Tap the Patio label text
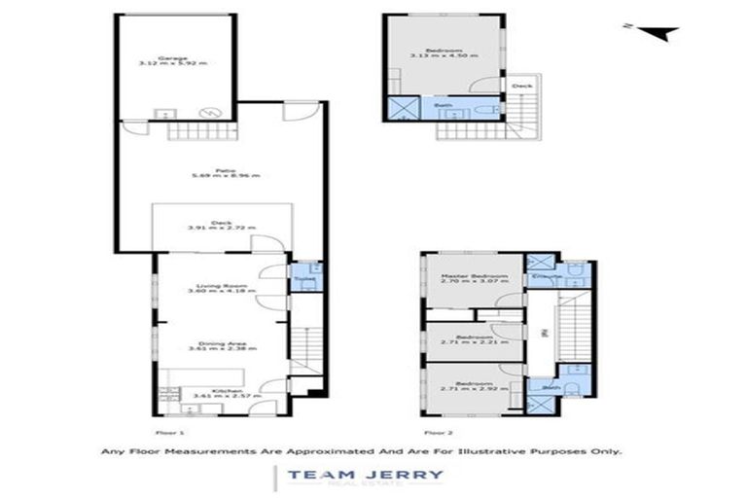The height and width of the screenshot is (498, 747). coord(224,171)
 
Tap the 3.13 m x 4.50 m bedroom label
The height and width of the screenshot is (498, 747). coord(443,52)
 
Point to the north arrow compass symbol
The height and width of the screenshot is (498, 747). coord(660,32)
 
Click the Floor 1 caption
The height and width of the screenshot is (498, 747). coord(169,430)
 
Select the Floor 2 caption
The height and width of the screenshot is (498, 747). coord(437,430)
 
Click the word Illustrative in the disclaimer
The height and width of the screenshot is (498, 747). coord(506,451)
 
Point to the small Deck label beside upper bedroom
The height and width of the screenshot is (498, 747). coord(521,87)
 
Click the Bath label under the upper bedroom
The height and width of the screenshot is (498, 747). coord(443,105)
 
